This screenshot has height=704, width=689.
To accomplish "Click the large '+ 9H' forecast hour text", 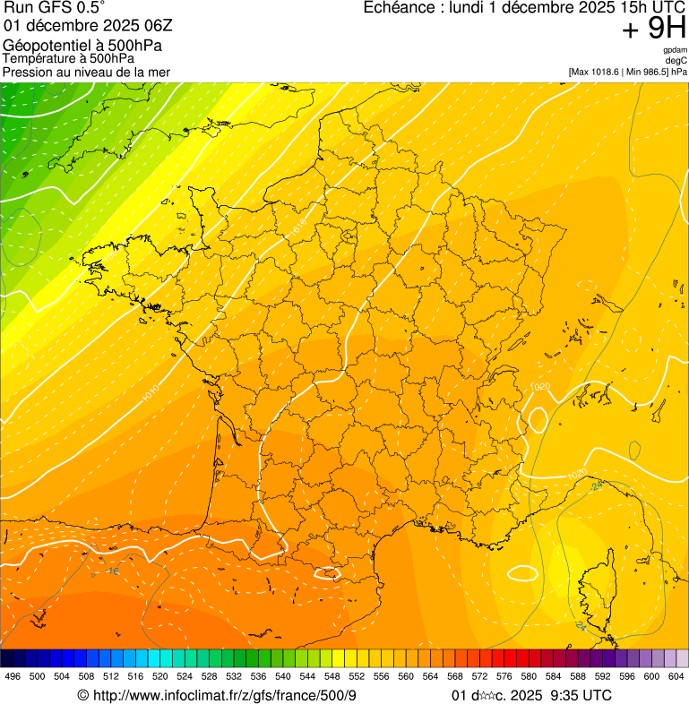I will point(654,30).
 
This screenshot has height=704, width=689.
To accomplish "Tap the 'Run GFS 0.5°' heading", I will point(55,8).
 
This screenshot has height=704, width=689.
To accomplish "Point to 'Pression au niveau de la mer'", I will point(86,72).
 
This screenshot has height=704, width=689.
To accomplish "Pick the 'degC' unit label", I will point(676,60).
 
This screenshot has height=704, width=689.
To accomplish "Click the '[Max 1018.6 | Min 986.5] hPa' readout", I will point(627,71).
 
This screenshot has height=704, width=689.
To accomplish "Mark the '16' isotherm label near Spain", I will point(113,571).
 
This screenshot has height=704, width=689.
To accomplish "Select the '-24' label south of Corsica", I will point(580,625).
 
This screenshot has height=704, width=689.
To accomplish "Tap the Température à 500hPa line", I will point(68,59).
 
